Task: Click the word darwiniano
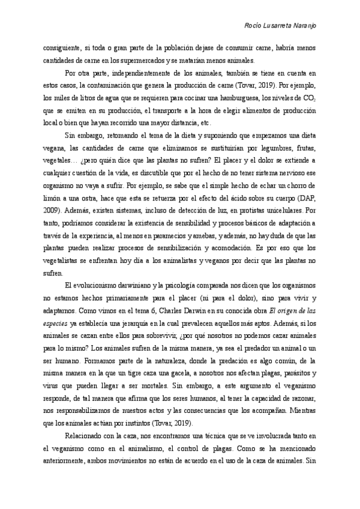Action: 120,284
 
